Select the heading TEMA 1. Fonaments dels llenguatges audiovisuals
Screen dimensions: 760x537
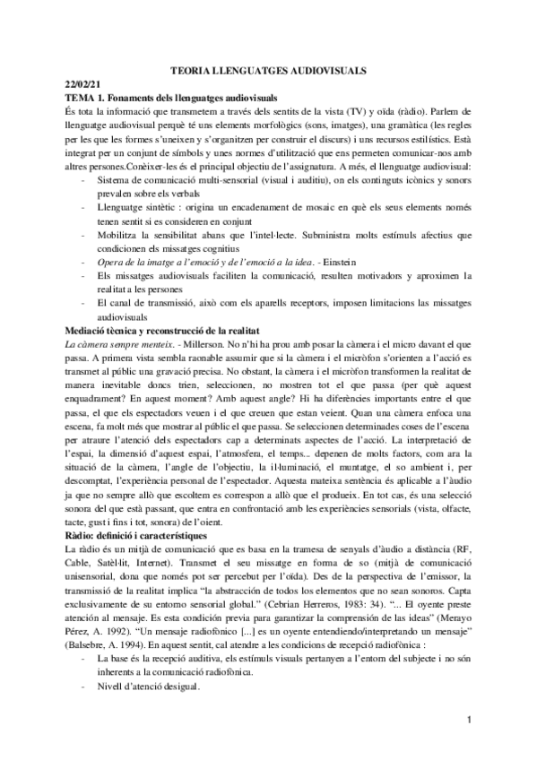[x=170, y=97]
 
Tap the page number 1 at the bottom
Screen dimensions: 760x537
[x=468, y=721]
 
